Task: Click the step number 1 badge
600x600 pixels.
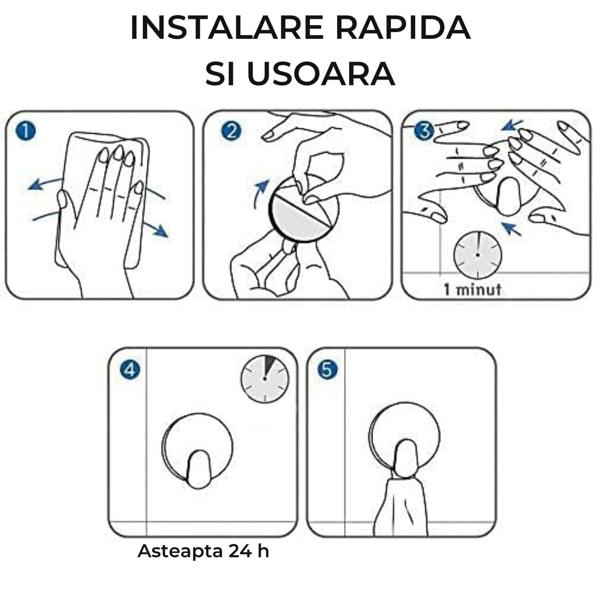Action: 25,131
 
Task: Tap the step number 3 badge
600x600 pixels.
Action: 423,131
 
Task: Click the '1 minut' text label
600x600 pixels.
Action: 472,289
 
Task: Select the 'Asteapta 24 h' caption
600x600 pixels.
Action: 203,551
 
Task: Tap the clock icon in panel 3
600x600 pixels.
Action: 478,254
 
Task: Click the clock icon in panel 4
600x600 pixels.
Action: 265,377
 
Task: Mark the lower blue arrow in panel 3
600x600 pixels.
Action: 511,229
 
